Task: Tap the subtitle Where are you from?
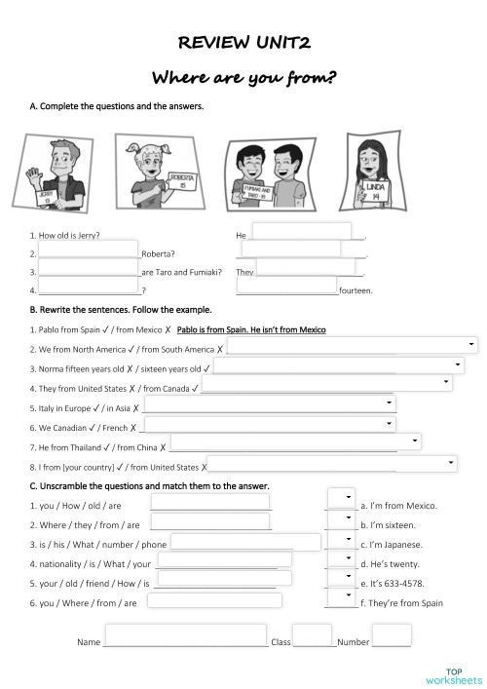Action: pos(244,78)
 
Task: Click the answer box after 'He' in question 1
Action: pos(302,232)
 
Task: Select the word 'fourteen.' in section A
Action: pos(356,290)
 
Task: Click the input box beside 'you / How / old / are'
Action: pos(209,502)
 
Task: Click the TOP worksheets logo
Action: pos(453,674)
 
